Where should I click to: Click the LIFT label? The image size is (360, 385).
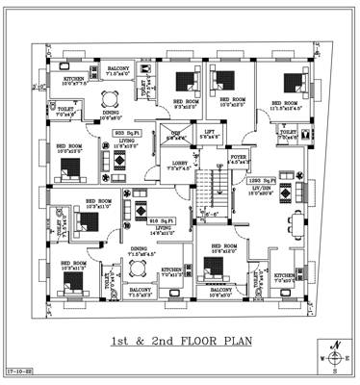208,133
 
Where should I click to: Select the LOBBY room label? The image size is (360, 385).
179,164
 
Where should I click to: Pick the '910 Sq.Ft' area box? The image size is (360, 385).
160,220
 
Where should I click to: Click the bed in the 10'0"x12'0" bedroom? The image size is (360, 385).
69,170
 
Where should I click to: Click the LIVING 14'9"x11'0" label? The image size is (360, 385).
160,230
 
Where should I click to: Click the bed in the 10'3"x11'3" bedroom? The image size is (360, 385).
71,280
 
